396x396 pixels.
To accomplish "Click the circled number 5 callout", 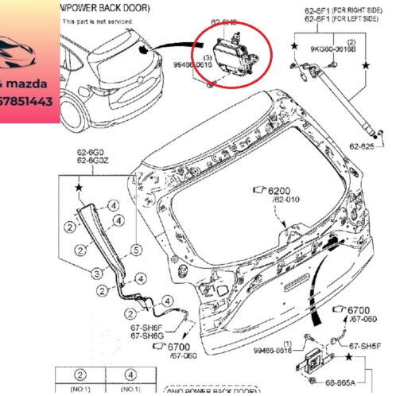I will point(136,249).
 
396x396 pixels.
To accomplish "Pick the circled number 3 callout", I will point(96,273).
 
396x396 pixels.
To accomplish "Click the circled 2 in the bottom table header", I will point(80,375).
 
